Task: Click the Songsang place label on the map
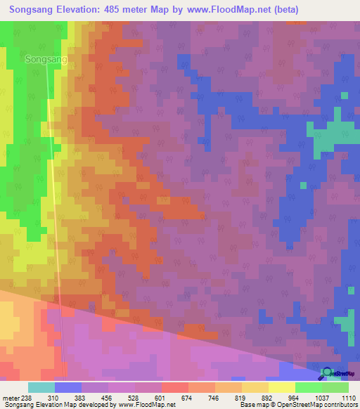46,60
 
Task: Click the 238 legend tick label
27,398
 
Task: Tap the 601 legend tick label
161,398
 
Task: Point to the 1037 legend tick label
321,398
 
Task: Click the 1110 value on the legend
348,398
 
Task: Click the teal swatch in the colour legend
41,387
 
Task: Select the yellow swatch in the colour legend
281,387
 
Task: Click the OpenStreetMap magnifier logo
326,372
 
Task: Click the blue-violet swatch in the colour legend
67,387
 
